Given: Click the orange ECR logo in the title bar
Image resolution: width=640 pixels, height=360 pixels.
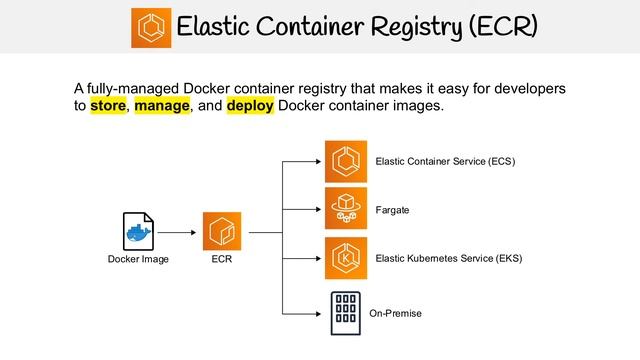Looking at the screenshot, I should pos(151,27).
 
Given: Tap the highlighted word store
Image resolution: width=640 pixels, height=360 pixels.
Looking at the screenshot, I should pos(108,106).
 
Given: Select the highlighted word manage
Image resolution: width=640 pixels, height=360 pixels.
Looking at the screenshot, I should pos(162,106).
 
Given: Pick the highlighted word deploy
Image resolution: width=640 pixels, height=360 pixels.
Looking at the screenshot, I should pos(250,106).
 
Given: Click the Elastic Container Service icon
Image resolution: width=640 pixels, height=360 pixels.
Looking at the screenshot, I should pos(345,161).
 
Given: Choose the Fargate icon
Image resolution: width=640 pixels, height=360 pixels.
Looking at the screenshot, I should pos(345,208).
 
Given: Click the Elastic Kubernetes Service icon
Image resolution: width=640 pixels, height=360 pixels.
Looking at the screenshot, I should pos(345,258).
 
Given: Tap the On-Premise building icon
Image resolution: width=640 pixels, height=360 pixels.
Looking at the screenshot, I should pos(345,312).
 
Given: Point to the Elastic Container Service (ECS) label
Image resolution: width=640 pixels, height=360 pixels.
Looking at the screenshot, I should pos(445,161).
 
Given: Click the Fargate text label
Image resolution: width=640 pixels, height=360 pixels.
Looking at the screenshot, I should pos(392,210).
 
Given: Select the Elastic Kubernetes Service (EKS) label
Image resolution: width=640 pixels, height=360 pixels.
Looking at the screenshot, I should pos(449,259).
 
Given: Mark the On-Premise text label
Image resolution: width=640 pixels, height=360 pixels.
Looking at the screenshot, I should pos(396,314).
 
